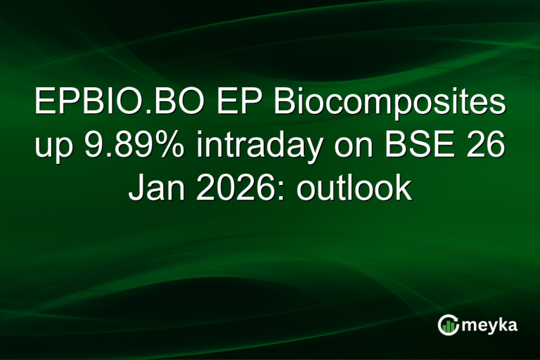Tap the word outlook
pos(354,191)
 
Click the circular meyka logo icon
pos(448,324)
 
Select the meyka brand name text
pos(491,325)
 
